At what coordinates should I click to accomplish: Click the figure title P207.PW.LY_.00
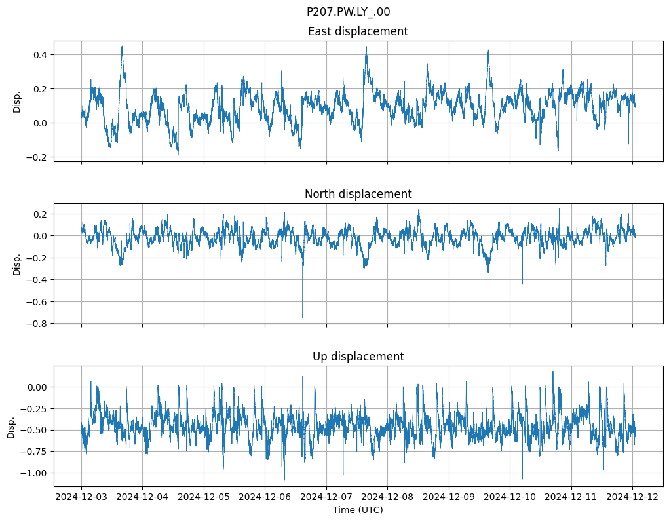coord(348,12)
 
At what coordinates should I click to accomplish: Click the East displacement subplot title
coord(358,31)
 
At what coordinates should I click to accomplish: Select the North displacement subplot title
coord(358,194)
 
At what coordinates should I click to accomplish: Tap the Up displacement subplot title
coord(358,357)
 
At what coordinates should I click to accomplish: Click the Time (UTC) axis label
coord(358,509)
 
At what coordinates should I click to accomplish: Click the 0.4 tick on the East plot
coord(41,54)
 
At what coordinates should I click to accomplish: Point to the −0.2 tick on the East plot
coord(38,157)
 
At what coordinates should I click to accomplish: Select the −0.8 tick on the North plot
coord(38,324)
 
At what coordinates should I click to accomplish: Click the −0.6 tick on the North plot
coord(38,302)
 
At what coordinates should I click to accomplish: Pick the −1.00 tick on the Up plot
coord(36,473)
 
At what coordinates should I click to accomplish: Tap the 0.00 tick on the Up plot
coord(38,387)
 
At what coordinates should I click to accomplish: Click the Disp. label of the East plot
coord(18,102)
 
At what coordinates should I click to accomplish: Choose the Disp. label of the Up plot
coord(11,427)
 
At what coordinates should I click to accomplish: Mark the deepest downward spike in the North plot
coord(303,317)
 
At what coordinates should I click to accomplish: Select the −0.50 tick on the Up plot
coord(36,431)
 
